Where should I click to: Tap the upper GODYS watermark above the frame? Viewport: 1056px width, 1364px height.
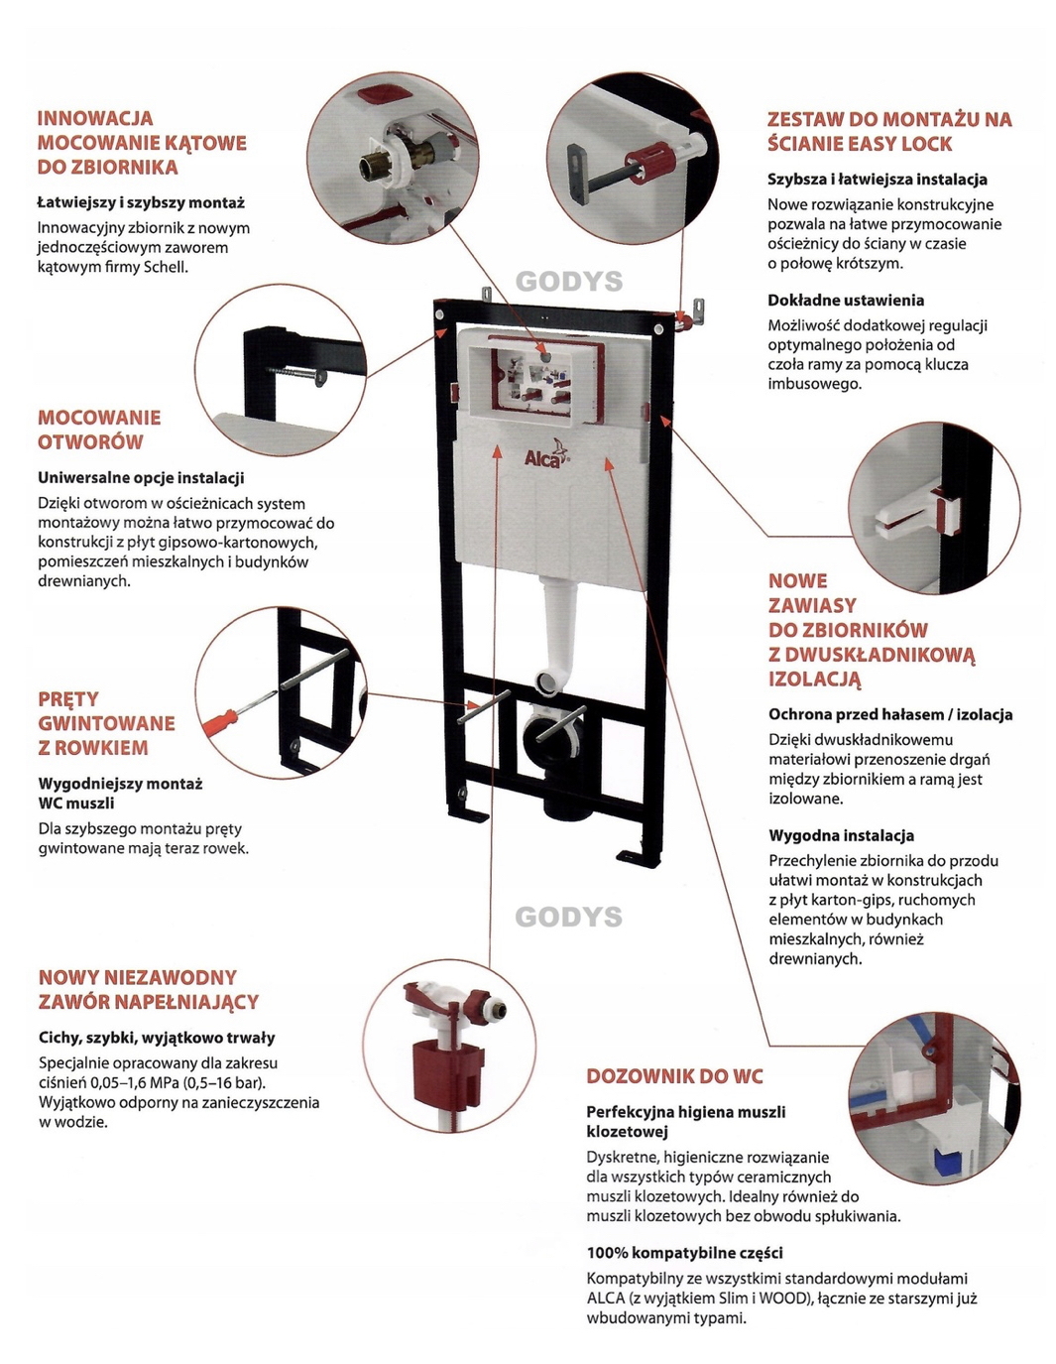[x=569, y=282]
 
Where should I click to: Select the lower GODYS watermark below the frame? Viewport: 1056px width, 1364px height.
[x=569, y=917]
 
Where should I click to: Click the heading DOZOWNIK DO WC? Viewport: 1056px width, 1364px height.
[x=674, y=1076]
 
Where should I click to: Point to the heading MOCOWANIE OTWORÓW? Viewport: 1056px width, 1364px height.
[x=99, y=430]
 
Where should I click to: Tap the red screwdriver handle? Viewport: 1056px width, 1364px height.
[x=221, y=721]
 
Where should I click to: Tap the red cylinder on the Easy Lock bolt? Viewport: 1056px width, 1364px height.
[x=649, y=158]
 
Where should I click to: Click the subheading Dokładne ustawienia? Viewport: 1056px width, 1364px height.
[x=846, y=301]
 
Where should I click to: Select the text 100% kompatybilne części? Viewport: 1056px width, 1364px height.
[x=684, y=1253]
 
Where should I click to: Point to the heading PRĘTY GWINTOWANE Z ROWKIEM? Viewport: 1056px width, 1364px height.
[x=106, y=723]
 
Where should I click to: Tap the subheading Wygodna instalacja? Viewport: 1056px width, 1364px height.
[x=841, y=835]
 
